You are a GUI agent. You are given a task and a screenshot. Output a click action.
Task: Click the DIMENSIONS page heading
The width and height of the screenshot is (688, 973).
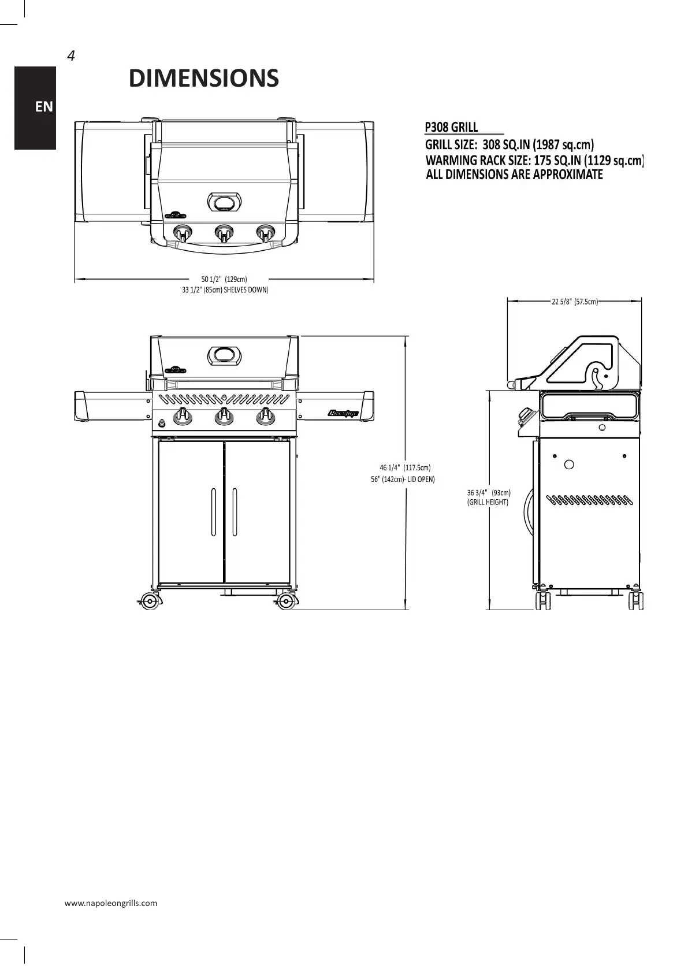coord(203,79)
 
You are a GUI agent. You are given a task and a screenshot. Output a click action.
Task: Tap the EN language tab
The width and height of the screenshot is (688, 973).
coord(43,107)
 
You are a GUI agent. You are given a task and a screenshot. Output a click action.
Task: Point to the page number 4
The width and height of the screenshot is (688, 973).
coord(71,56)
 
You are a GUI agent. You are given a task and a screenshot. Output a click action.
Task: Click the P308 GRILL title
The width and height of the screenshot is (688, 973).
coord(451,127)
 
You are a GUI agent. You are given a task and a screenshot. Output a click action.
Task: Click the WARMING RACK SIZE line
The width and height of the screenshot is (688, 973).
coord(534,160)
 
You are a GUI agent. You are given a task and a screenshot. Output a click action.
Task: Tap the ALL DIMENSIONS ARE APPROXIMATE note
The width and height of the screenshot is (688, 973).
coord(514,174)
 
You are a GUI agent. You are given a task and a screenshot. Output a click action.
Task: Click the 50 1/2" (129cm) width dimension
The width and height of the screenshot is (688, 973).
coord(224,280)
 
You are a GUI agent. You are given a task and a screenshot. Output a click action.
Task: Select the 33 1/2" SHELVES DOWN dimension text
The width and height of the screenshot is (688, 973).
coord(225,289)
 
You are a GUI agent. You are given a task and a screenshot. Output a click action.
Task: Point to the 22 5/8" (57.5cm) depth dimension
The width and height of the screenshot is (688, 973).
coord(574,301)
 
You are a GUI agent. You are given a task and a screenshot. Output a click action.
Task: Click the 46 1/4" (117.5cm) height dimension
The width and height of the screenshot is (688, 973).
coord(405,467)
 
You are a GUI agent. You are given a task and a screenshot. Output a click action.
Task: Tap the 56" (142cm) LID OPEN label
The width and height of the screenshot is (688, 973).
coord(403,479)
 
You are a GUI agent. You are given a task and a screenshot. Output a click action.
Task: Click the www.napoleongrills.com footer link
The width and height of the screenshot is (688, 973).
coord(111,903)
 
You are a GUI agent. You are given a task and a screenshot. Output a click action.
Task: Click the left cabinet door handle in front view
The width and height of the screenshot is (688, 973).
coord(213,512)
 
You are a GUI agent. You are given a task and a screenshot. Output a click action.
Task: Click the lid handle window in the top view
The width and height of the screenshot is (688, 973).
coord(225,202)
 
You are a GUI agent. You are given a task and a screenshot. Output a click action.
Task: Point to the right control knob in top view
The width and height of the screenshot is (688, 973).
coord(266,233)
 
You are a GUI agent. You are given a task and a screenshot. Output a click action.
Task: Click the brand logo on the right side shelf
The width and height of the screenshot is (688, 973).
coord(344,413)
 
